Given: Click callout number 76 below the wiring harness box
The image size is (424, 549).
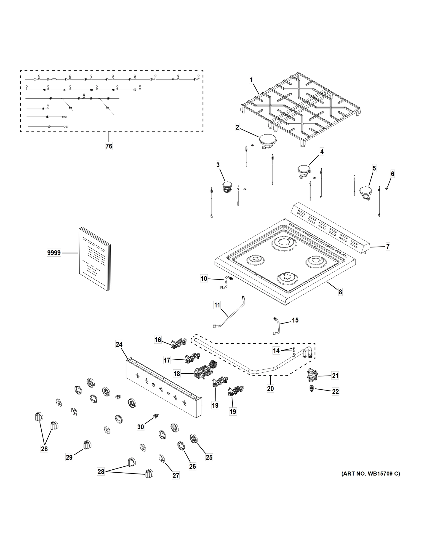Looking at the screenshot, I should click(109, 146).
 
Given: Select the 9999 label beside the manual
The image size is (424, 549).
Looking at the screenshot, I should click(54, 253).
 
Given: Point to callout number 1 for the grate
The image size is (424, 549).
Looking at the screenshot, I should click(251, 80).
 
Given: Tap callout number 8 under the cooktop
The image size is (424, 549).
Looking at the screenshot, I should click(340, 292).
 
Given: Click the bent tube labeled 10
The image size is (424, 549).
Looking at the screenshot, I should click(226, 283).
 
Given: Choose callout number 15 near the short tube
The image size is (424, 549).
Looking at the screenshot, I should click(295, 320).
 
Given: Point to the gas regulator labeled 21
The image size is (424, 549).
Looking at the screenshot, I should click(312, 376).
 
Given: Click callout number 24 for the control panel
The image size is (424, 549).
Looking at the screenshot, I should click(119, 344).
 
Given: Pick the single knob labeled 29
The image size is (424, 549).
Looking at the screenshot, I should click(87, 445).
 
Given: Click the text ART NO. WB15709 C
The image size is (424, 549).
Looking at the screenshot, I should click(371, 474).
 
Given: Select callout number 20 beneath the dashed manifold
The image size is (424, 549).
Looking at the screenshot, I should click(270, 389).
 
